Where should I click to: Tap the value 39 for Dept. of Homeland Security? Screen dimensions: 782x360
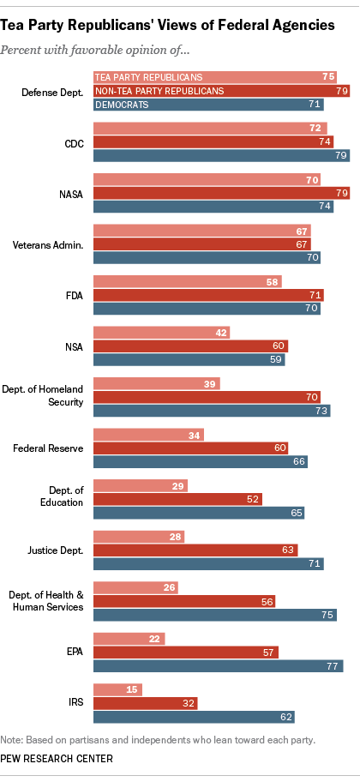pyautogui.click(x=209, y=383)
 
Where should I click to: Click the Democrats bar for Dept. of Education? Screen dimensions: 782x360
pyautogui.click(x=198, y=513)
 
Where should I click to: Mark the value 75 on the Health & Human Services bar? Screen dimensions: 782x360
pyautogui.click(x=327, y=614)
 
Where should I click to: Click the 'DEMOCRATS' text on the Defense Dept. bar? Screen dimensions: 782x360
pyautogui.click(x=123, y=104)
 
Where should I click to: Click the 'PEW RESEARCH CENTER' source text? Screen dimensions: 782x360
pyautogui.click(x=56, y=759)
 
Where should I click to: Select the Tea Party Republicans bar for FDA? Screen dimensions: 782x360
pyautogui.click(x=187, y=282)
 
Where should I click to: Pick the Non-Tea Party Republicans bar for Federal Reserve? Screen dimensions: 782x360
pyautogui.click(x=190, y=448)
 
